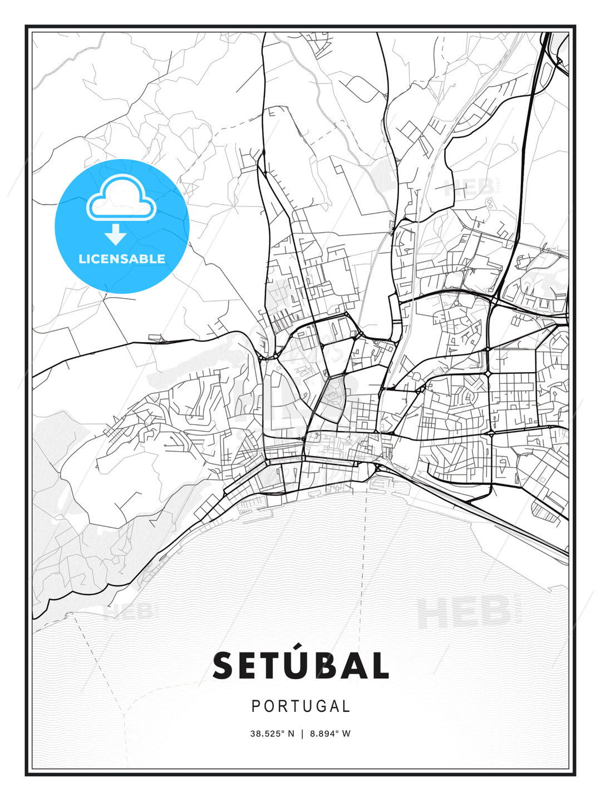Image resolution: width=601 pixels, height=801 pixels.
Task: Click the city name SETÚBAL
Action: (x=300, y=665)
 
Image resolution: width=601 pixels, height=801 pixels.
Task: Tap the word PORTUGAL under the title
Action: (x=300, y=706)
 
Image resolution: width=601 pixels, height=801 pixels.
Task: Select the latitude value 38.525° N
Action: (x=272, y=734)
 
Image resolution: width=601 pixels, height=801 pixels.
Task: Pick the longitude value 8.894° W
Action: (x=331, y=734)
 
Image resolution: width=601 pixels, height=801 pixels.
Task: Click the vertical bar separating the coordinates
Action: (x=302, y=734)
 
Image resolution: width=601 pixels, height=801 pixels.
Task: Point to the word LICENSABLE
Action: (x=122, y=259)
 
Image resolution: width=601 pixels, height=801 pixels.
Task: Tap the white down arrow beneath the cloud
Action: (x=116, y=235)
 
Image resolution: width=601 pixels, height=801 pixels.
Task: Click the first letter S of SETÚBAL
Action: (x=224, y=666)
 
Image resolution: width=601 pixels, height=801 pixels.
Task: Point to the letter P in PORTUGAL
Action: (x=256, y=706)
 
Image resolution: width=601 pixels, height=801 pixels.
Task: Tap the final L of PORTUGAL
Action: (x=347, y=706)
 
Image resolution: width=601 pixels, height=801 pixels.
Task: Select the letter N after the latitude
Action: (x=290, y=734)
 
